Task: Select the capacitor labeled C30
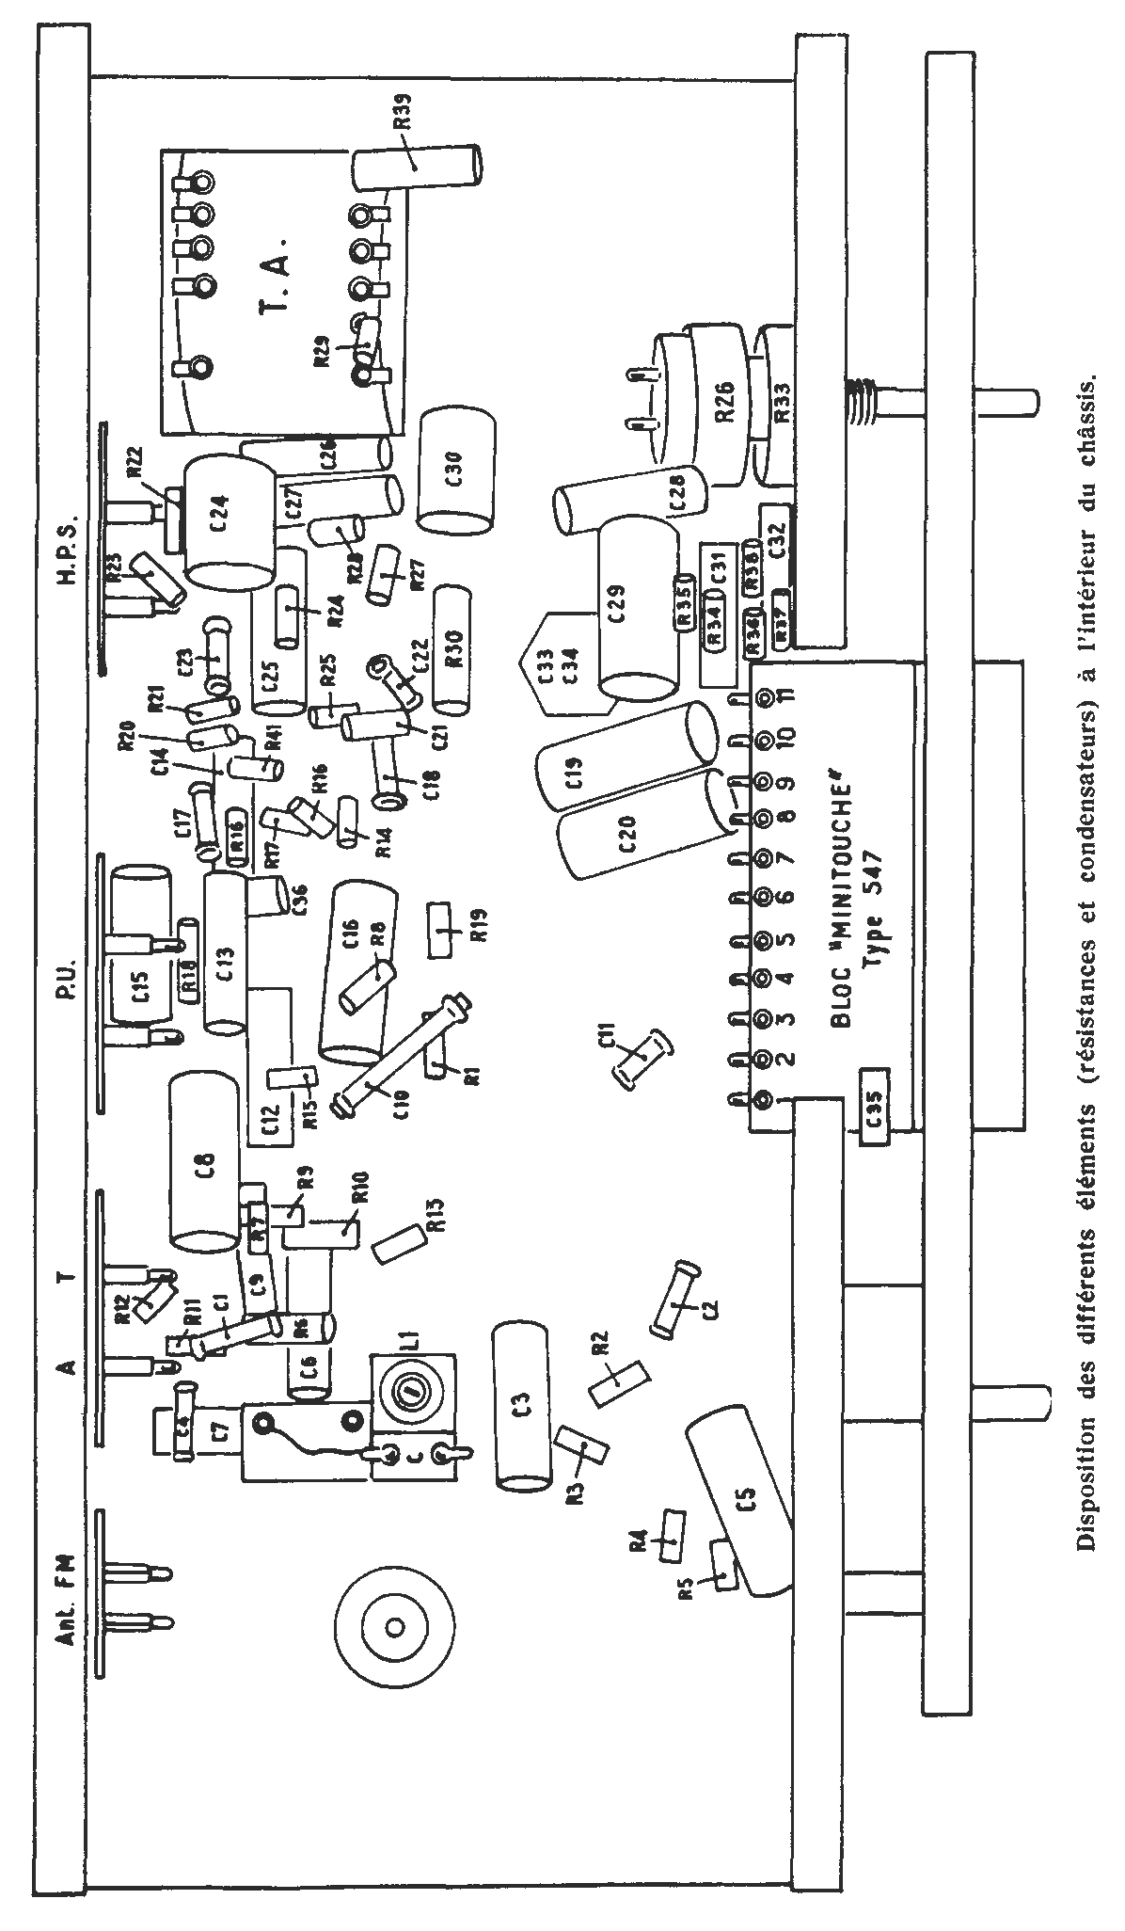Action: click(456, 470)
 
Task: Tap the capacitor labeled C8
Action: click(205, 1164)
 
